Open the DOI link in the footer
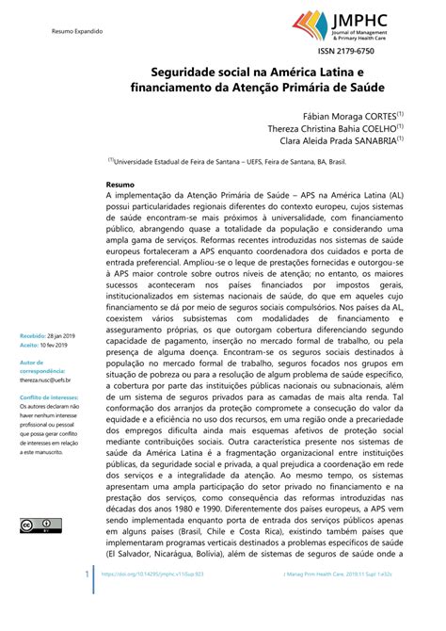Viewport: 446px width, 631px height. click(154, 599)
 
